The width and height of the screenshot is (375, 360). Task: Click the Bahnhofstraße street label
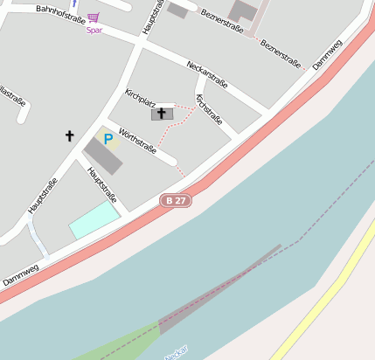pos(61,14)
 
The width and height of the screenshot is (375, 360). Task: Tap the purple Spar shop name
pos(94,30)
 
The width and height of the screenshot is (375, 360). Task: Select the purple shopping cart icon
pos(94,17)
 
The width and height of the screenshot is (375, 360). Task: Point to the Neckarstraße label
pos(208,75)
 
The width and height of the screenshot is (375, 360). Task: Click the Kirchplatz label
pos(140,98)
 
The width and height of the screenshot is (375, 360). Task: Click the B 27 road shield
pos(175,200)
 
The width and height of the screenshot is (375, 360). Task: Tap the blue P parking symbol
pos(108,139)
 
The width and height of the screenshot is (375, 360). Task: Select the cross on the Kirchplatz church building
pos(162,113)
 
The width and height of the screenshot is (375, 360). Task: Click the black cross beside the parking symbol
pos(70,135)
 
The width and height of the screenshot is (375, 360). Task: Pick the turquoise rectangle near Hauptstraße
pos(94,220)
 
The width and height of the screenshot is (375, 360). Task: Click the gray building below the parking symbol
pos(103,156)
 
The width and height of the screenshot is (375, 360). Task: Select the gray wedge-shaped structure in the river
pos(219,289)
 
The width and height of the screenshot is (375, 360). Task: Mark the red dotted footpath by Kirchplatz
pos(179,118)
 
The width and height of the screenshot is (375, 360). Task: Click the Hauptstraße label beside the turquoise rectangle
pos(103,184)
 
